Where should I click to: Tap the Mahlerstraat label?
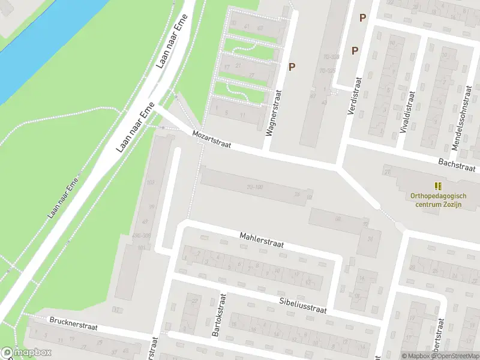[x=260, y=241]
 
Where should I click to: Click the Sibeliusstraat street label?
[x=302, y=305]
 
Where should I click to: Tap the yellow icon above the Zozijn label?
[x=439, y=185]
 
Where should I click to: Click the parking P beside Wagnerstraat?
[x=292, y=67]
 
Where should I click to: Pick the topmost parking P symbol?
[x=362, y=18]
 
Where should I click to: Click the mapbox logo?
[x=26, y=353]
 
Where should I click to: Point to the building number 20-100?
[x=255, y=187]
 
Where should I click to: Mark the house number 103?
[x=150, y=182]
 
